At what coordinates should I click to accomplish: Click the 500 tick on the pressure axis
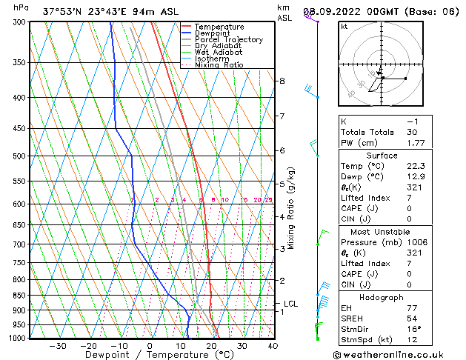[21, 156]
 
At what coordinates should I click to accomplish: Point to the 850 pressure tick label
[21, 295]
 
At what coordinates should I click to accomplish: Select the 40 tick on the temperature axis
[273, 345]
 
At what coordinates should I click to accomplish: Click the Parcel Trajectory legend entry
[228, 39]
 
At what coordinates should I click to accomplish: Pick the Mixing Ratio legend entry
[219, 65]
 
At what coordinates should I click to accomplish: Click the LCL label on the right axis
[290, 304]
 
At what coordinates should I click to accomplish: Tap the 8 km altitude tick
[282, 80]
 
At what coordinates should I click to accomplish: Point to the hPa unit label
[21, 7]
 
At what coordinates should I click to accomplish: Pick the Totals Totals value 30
[413, 132]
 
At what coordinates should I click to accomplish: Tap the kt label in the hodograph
[344, 27]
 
